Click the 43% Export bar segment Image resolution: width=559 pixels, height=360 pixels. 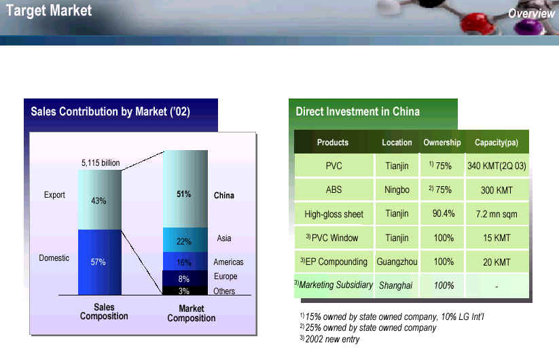(x=99, y=200)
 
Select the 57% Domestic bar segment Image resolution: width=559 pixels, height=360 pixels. (x=99, y=262)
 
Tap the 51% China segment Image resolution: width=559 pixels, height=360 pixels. (x=185, y=189)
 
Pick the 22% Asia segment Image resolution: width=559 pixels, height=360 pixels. (x=185, y=240)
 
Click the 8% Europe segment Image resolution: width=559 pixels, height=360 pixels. (x=185, y=278)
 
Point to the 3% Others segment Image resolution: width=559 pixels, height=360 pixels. (x=185, y=291)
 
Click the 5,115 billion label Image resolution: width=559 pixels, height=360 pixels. (x=101, y=163)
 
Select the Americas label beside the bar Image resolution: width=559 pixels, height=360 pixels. (x=228, y=262)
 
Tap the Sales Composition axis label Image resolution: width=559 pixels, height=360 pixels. (x=104, y=312)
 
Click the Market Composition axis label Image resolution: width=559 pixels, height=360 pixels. (x=192, y=313)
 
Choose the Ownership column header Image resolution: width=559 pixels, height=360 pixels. (x=442, y=142)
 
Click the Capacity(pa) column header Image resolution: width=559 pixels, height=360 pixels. (x=497, y=143)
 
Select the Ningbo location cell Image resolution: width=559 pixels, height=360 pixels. (x=397, y=190)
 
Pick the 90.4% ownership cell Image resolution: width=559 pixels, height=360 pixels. (x=443, y=213)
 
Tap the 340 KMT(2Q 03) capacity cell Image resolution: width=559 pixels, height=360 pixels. (x=497, y=166)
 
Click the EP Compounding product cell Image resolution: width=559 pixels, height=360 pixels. (x=333, y=262)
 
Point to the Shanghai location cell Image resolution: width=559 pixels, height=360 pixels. (x=396, y=285)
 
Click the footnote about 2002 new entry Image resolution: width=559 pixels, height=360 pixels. (x=330, y=339)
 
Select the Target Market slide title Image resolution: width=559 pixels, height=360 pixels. (x=49, y=10)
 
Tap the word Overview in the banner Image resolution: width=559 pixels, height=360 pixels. (x=531, y=13)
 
